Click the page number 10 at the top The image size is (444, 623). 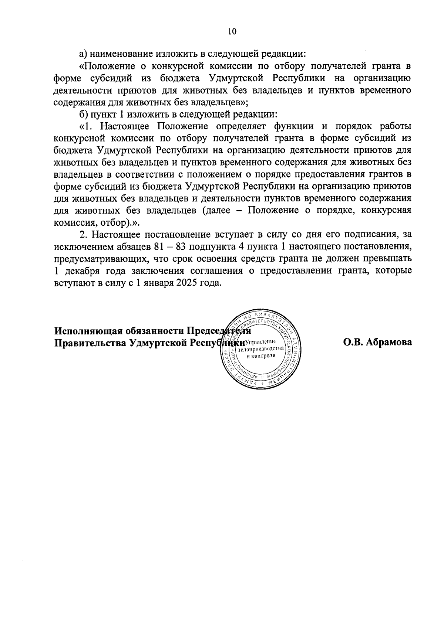point(232,31)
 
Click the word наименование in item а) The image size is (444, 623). point(120,54)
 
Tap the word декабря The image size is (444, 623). point(83,270)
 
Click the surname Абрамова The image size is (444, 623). point(388,343)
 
